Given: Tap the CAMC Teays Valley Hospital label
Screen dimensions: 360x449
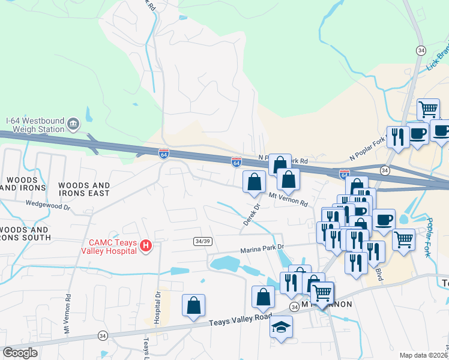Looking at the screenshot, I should (x=112, y=246).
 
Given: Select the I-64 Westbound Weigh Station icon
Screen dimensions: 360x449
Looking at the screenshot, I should (x=73, y=124).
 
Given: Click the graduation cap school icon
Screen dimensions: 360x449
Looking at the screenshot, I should (x=280, y=328).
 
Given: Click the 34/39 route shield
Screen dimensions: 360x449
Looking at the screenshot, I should (x=202, y=241).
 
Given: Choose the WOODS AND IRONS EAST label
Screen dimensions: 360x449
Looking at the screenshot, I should (x=85, y=190).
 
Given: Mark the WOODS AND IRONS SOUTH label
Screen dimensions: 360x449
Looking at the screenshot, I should (x=24, y=233).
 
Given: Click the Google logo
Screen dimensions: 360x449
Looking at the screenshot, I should (x=20, y=353).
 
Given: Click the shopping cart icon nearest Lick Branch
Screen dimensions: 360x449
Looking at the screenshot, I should (x=428, y=110).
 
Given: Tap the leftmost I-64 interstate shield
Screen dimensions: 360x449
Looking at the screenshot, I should (x=164, y=154).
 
